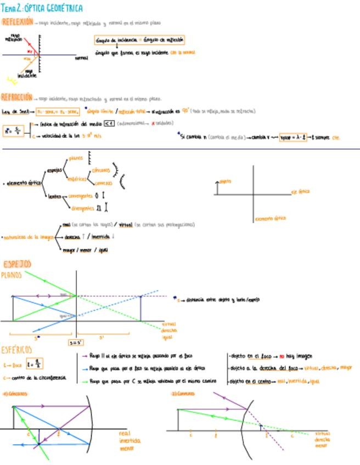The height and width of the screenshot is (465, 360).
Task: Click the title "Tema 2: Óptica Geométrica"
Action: [x=43, y=8]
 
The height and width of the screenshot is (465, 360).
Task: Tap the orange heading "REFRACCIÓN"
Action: [x=16, y=98]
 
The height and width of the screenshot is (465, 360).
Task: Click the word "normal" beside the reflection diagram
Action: [x=81, y=57]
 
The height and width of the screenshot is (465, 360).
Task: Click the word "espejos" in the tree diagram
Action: [x=55, y=171]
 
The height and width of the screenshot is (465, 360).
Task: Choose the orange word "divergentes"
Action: [x=82, y=208]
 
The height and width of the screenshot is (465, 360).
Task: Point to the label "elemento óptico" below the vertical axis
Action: [x=270, y=218]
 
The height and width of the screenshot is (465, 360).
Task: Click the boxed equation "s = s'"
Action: [x=76, y=343]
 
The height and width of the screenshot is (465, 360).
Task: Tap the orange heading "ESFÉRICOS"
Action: [x=20, y=349]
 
